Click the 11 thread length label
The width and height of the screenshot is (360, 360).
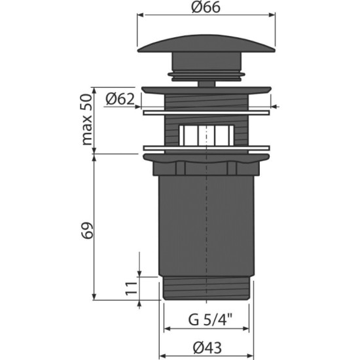(x=130, y=287)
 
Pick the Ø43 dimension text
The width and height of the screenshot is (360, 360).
(x=206, y=347)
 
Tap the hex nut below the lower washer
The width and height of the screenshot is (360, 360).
(x=206, y=167)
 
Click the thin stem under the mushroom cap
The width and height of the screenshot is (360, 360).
(x=206, y=82)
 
